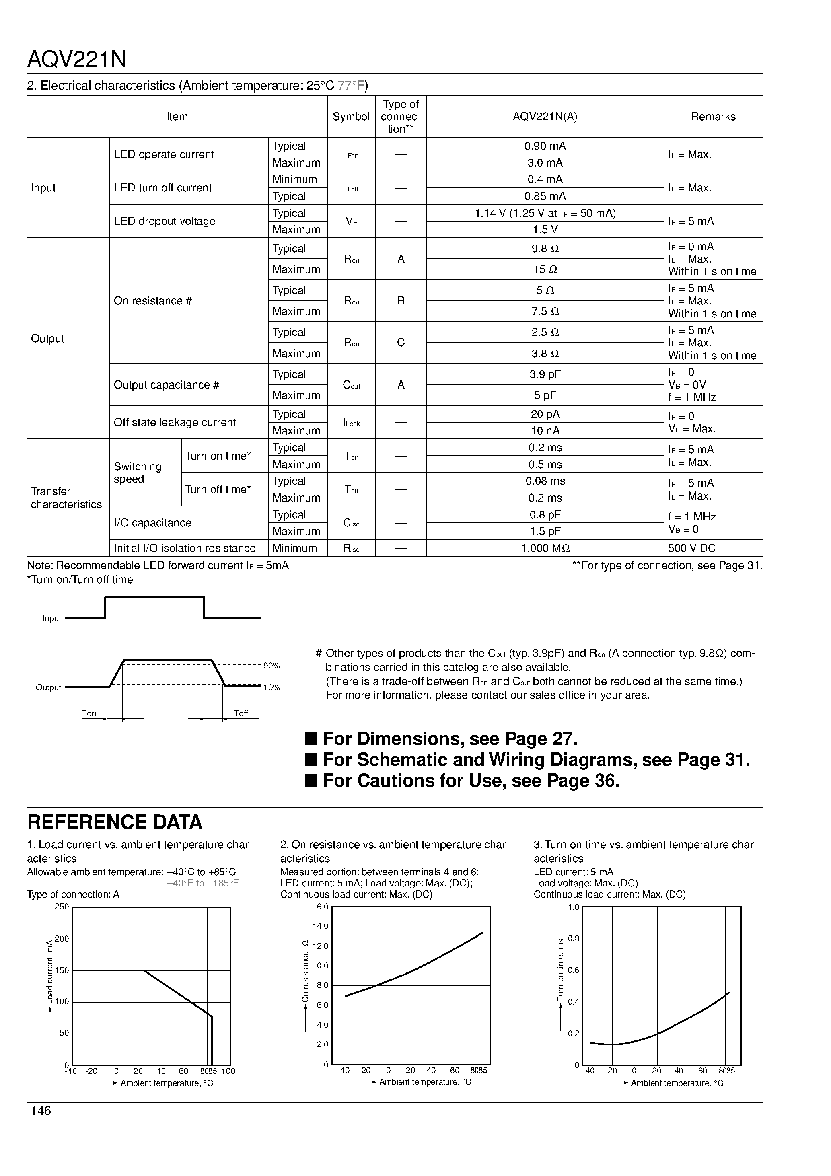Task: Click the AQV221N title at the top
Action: click(77, 60)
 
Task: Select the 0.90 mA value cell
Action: click(545, 146)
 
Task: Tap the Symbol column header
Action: click(351, 117)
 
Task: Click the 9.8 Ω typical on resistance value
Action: click(545, 249)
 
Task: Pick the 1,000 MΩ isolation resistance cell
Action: click(545, 549)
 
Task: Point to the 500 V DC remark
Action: click(692, 549)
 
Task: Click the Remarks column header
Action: click(713, 117)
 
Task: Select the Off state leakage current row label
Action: click(175, 423)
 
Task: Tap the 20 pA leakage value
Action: click(545, 414)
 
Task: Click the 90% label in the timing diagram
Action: click(272, 666)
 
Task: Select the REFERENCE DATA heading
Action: click(115, 822)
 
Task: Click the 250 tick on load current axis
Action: click(62, 907)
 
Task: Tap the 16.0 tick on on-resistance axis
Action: click(320, 907)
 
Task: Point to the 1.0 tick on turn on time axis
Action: click(573, 907)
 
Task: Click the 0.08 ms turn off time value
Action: click(545, 481)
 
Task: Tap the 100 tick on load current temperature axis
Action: click(228, 1071)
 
